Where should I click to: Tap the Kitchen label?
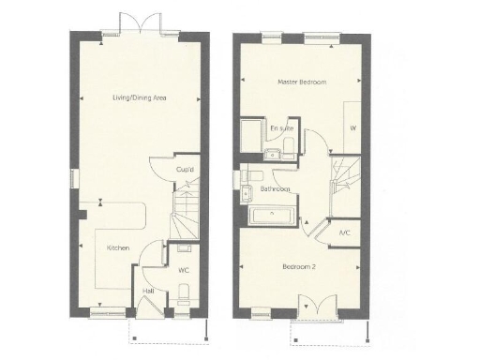point(117,247)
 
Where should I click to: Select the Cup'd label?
point(185,170)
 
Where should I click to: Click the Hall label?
point(148,291)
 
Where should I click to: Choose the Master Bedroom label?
point(302,82)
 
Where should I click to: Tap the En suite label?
point(279,127)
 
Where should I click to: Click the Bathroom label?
point(276,189)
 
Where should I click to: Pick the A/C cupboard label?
point(344,232)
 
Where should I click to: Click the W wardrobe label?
point(352,127)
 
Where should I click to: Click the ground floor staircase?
point(185,215)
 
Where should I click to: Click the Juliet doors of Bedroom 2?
point(309,307)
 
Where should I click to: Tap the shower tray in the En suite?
point(251,133)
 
